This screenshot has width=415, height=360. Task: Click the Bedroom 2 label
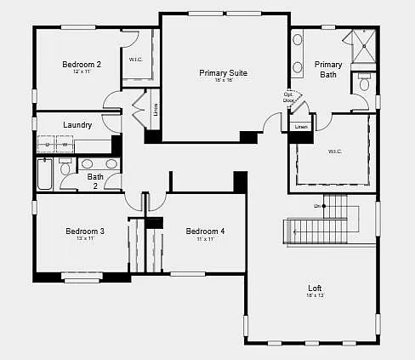82,64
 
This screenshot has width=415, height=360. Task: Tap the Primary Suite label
224,73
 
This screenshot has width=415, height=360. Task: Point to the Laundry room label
77,125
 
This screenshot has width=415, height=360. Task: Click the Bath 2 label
95,181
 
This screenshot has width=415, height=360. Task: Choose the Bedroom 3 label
85,231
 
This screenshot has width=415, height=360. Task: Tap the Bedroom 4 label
205,231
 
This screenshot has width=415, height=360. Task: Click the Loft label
315,288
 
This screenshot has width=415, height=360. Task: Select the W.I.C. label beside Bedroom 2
135,60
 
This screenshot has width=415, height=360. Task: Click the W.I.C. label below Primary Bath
334,151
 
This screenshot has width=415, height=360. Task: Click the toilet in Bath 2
65,169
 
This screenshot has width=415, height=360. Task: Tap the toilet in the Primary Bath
365,83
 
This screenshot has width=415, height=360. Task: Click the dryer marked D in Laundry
48,146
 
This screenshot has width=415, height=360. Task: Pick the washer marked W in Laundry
65,146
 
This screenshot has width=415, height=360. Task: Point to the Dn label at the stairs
317,206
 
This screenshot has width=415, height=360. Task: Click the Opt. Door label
289,97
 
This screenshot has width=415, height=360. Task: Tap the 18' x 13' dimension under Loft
315,295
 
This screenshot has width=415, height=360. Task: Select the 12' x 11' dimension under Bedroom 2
82,71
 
